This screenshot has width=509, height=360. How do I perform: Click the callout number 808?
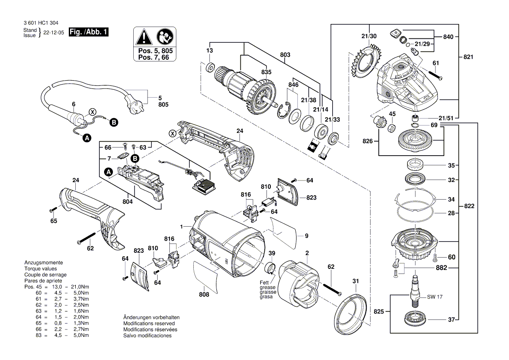pos(204,295)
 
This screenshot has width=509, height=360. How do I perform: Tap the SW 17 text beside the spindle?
pos(431,297)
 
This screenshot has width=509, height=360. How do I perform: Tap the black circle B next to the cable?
pos(113,122)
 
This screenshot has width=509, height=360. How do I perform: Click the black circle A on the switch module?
pos(108,173)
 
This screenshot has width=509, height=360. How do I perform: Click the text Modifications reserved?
pos(149,324)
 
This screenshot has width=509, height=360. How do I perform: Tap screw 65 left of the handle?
pos(52,211)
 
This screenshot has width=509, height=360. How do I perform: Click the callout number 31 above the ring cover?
pos(356,281)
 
